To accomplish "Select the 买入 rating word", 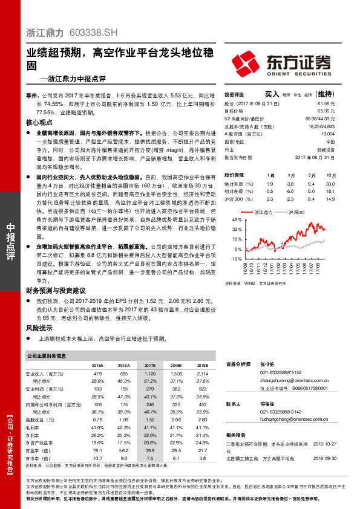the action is point(272,94).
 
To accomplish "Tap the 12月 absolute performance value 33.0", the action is point(330,183).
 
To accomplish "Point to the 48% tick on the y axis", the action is point(237,220).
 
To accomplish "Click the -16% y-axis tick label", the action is point(236,259).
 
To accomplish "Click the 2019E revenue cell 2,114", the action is point(203,375).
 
